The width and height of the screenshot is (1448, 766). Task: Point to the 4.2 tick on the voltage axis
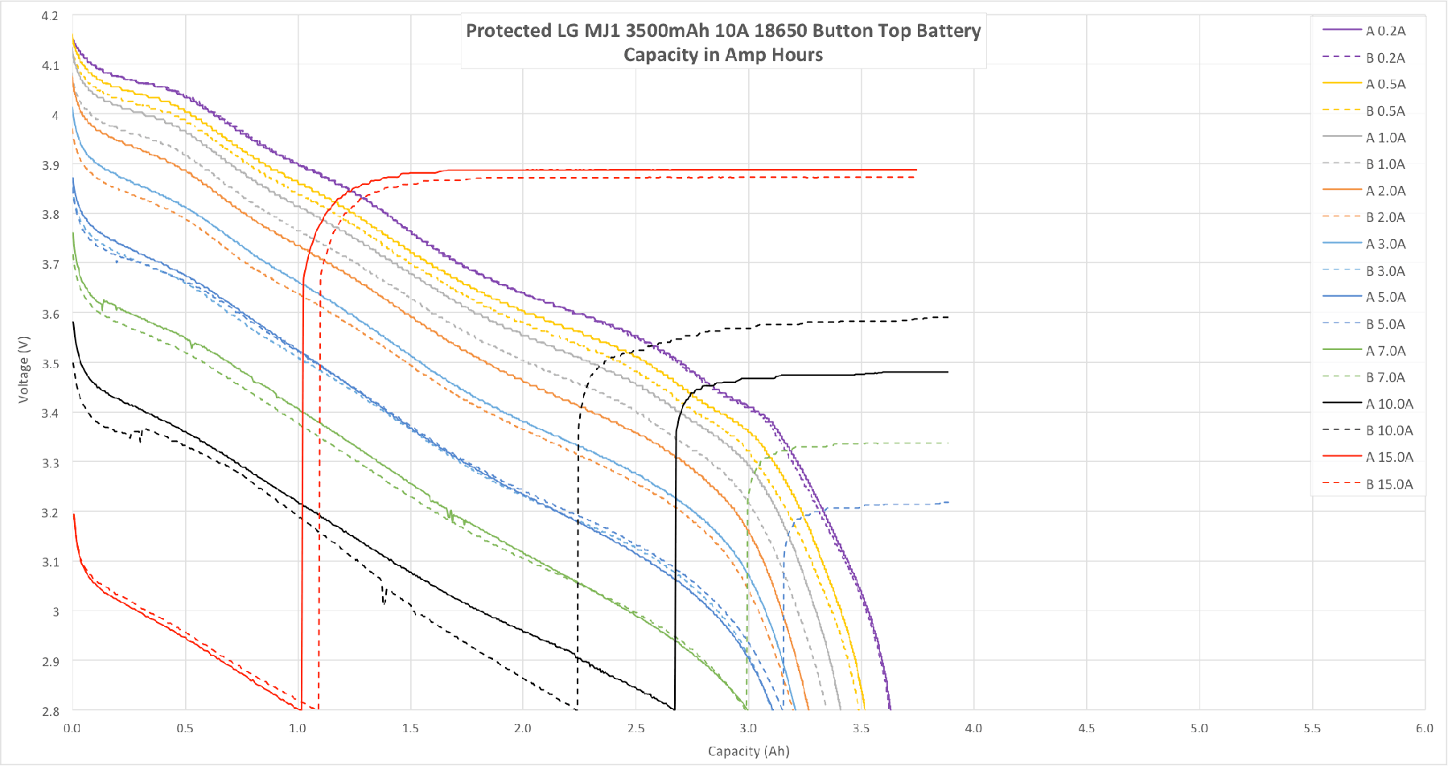50,15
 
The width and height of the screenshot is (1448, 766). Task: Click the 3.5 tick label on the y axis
50,364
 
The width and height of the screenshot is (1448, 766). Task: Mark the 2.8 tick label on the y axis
50,711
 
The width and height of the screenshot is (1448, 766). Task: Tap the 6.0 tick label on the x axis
1424,728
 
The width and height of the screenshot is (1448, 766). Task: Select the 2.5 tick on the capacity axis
636,728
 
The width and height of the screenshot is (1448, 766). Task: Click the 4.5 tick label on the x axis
1086,728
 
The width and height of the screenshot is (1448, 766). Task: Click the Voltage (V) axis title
23,369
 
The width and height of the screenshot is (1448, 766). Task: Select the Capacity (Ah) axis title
748,751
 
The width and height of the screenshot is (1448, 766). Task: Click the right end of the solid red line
916,170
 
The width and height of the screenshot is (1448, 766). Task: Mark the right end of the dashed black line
948,317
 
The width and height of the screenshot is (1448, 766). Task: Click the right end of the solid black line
948,372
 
